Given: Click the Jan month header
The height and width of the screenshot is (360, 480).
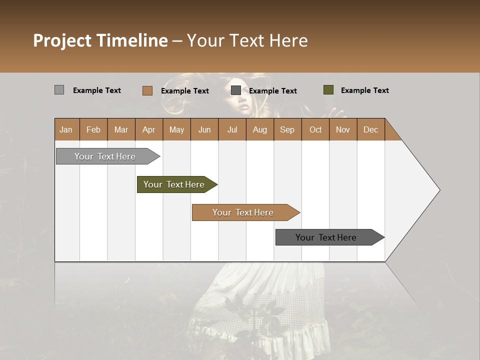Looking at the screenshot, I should coord(66,129).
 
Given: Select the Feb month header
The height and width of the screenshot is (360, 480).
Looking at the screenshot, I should coord(93,129).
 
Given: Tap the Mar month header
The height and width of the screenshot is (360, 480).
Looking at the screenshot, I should coord(121,129).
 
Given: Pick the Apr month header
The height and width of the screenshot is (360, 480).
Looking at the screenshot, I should coord(148,129).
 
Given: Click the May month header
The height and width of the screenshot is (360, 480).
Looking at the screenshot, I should coord(176,129).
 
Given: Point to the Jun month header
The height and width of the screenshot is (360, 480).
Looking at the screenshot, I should coord(204,129).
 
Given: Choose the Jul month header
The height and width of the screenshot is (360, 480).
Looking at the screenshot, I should coord(232,129).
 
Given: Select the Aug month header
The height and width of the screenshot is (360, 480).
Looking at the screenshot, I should coord(259,129).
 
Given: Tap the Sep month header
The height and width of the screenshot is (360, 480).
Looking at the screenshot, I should coord(287,129).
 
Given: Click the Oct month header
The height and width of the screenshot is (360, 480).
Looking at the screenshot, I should coord(315,129).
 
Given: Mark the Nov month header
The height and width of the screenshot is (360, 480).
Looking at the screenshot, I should coord(342,129).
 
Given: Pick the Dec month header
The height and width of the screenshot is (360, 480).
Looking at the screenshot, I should coord(370,129).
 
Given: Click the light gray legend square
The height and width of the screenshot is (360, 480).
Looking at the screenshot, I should coord(59,90).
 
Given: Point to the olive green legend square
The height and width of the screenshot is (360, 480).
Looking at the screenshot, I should coord(328,90).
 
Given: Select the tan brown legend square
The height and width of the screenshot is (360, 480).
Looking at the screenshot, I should coord(147,90).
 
